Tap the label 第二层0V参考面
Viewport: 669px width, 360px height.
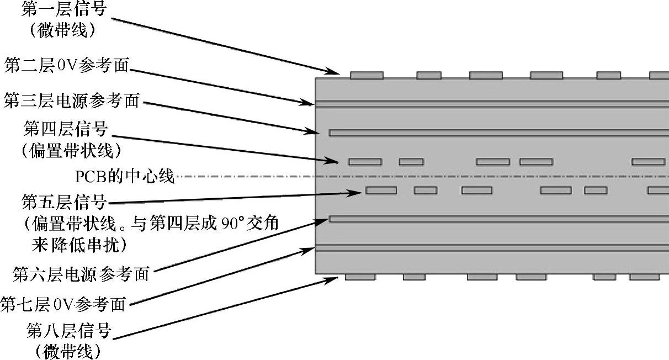click(67, 66)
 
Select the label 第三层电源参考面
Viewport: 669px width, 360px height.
click(72, 101)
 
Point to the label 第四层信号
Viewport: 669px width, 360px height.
click(66, 130)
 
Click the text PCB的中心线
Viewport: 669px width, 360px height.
click(125, 177)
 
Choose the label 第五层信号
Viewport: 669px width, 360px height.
click(63, 203)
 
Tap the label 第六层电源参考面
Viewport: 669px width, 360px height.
click(81, 273)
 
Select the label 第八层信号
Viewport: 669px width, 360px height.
click(69, 331)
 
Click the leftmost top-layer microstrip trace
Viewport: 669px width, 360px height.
click(367, 75)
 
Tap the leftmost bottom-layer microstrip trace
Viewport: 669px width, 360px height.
click(360, 277)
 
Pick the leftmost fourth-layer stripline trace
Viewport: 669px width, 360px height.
click(365, 162)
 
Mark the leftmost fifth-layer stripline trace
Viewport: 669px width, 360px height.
click(381, 190)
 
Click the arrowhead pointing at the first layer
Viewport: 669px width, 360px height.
click(334, 71)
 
